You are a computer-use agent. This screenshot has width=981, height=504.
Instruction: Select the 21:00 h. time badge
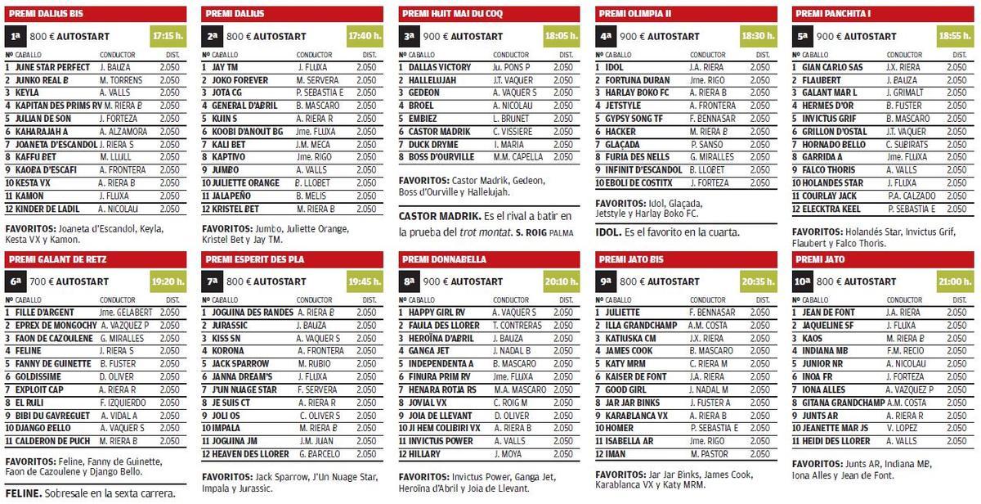(956, 282)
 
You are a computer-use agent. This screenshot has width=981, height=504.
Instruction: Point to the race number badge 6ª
(16, 282)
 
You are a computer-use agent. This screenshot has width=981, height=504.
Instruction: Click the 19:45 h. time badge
(365, 282)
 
